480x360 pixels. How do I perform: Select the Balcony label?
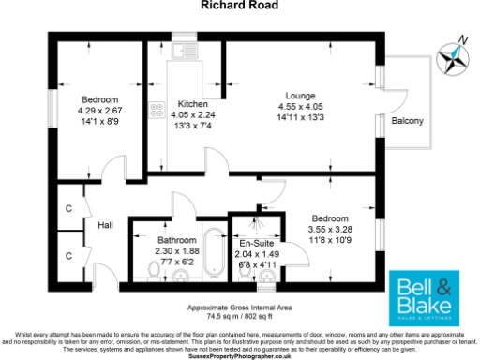tap(407, 122)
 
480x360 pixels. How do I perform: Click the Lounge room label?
tap(301, 95)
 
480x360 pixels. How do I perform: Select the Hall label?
tap(105, 225)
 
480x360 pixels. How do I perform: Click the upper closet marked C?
tap(69, 208)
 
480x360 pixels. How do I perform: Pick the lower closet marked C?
tap(69, 254)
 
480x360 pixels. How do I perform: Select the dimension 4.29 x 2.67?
tap(98, 111)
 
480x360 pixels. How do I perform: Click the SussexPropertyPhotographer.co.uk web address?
tap(239, 356)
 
